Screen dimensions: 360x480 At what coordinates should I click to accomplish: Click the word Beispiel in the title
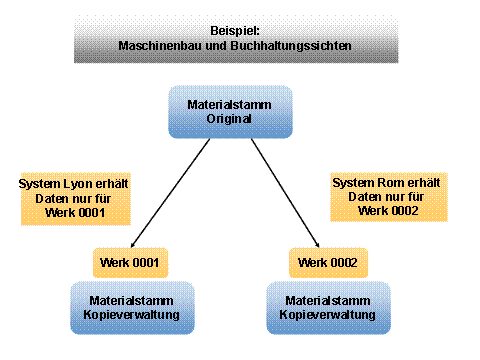(235, 30)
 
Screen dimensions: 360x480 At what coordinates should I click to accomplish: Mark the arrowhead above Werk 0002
(316, 245)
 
